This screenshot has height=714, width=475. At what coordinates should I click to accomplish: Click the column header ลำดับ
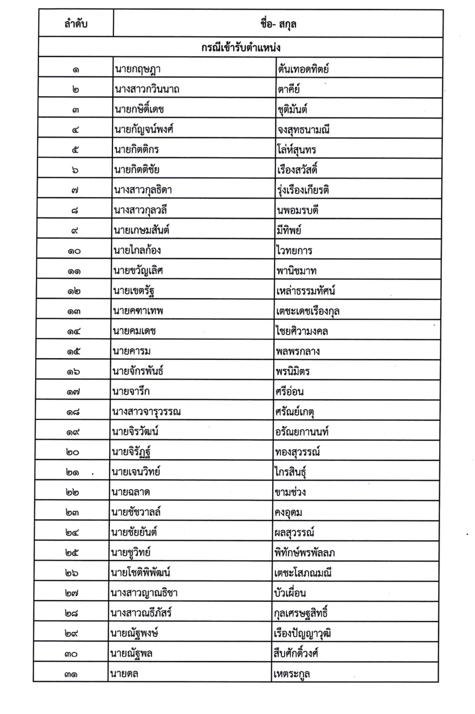76,24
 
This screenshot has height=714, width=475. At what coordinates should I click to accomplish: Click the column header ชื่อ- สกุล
278,24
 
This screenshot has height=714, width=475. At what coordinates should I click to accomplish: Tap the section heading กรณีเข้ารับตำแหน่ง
241,48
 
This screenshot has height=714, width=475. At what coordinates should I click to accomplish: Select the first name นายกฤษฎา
137,69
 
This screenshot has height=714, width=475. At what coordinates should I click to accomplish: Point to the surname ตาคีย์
289,89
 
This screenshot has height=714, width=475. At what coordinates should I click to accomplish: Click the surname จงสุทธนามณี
303,130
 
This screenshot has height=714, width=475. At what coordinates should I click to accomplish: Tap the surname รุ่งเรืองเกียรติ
303,190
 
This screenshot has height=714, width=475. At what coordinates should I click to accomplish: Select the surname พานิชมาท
296,271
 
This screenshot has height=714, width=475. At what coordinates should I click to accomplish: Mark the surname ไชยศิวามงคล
302,331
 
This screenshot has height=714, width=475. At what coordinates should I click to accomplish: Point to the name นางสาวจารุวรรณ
147,412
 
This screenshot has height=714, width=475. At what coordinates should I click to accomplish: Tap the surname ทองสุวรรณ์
298,452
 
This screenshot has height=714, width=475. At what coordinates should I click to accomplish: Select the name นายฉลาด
131,492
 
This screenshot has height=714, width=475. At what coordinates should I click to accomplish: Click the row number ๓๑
71,673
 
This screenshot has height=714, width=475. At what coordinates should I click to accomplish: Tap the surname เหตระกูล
292,673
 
